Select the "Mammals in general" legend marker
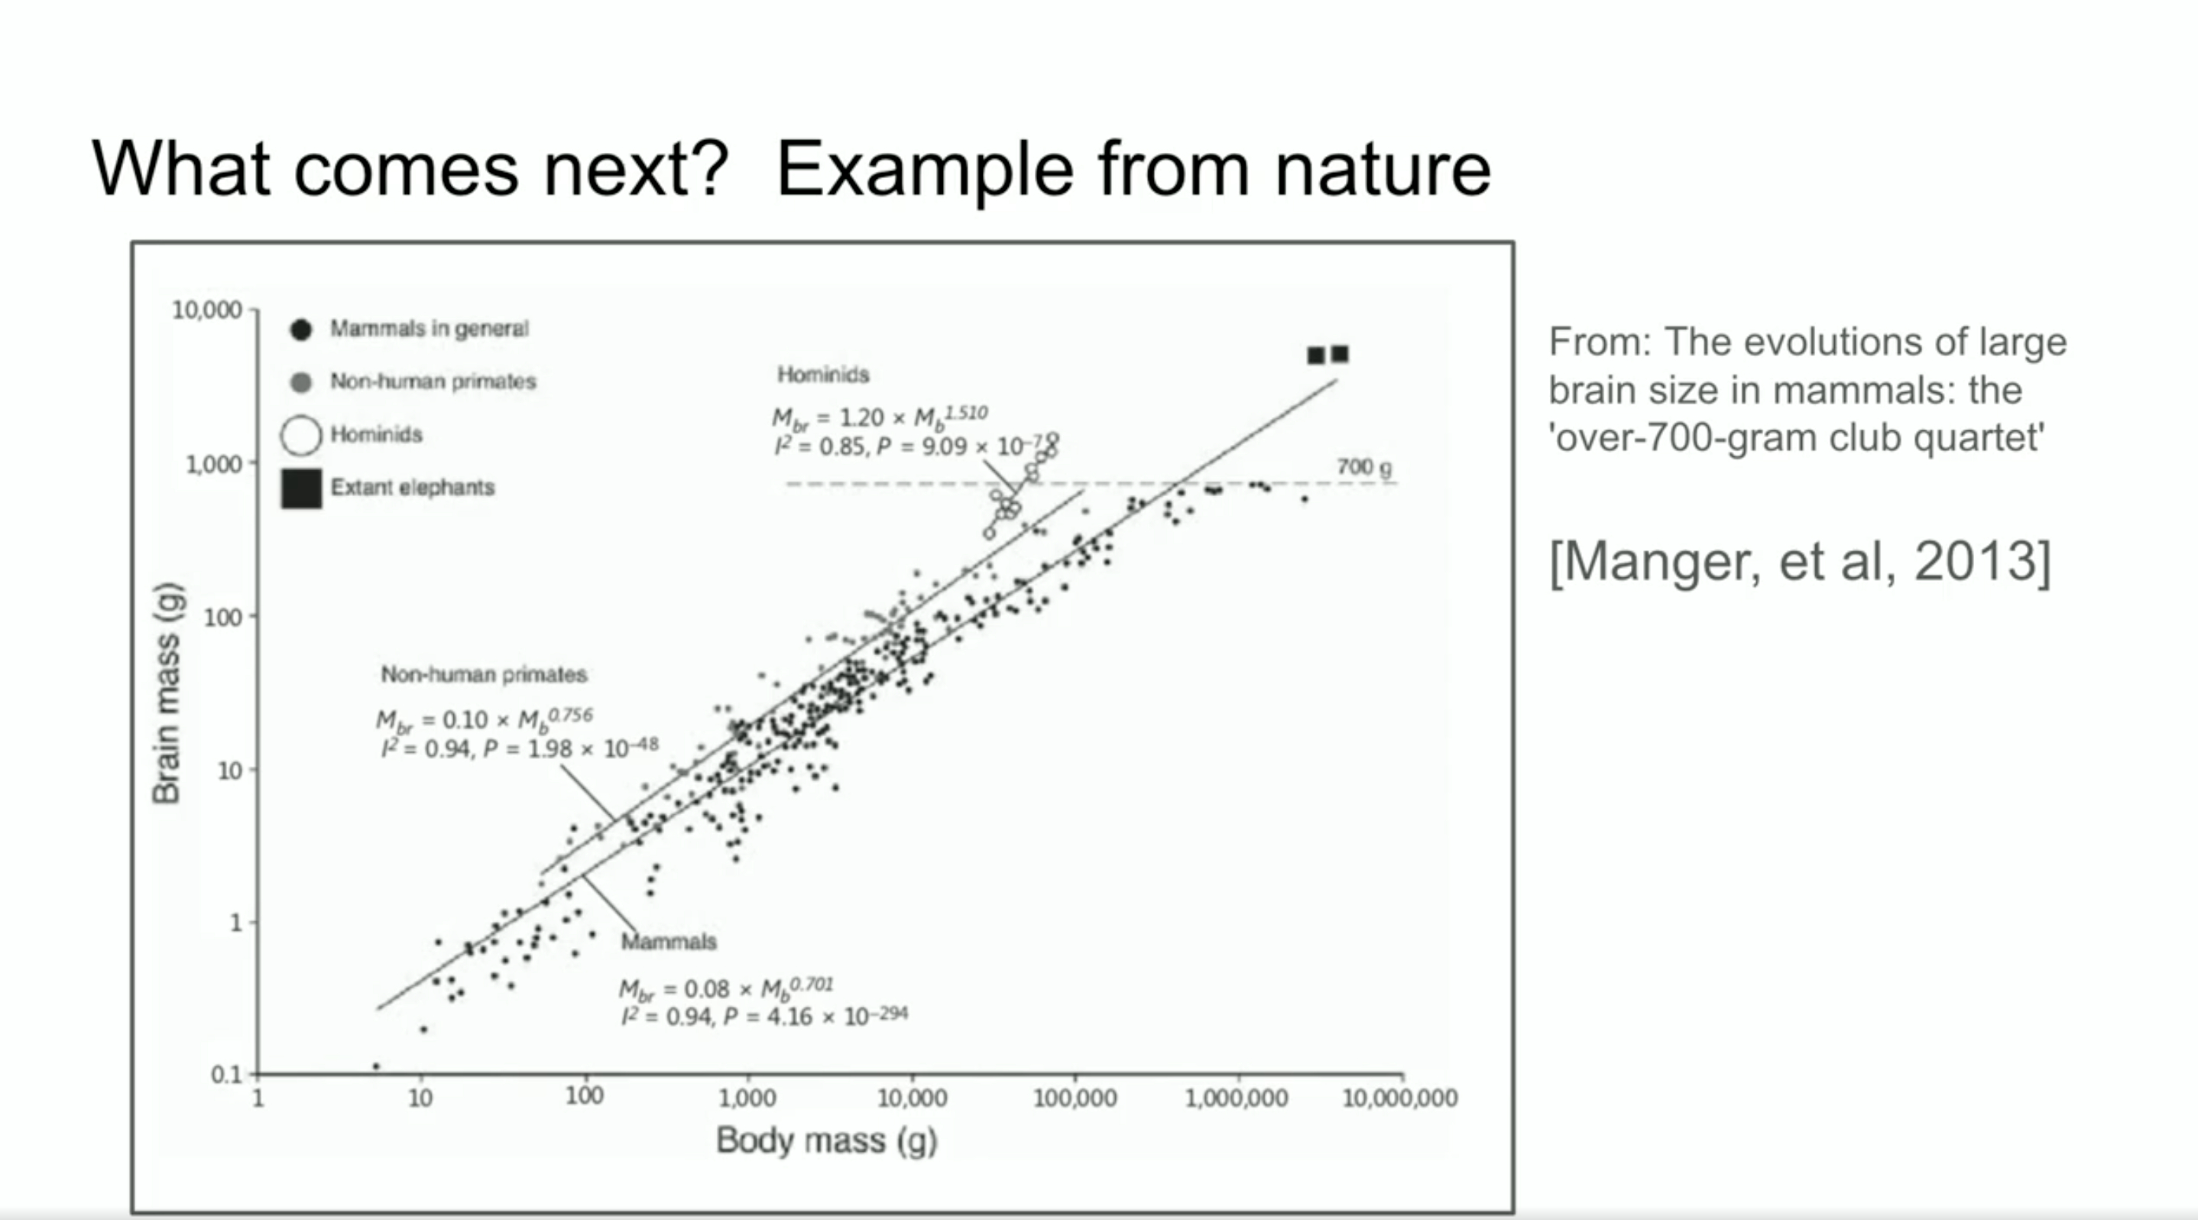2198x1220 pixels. (300, 329)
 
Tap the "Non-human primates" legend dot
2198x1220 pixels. (300, 382)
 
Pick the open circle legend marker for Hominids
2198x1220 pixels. (300, 435)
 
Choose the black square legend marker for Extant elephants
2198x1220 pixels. (301, 488)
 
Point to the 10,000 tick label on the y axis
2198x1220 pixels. (207, 310)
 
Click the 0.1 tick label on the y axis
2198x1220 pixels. (227, 1074)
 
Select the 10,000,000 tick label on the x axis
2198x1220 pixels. (1400, 1098)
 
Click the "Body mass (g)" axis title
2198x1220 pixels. (826, 1141)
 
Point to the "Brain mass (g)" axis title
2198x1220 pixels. (167, 693)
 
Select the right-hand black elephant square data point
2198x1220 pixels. (1341, 353)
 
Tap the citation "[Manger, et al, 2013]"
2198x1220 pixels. (1800, 561)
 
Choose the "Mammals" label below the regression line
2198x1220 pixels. (669, 942)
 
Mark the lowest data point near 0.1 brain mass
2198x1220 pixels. (376, 1066)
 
